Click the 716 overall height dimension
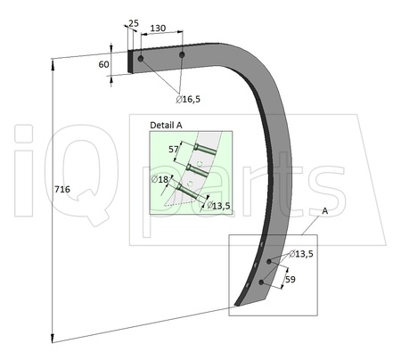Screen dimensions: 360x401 61,189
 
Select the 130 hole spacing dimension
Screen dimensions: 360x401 157,29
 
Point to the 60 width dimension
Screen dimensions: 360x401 103,64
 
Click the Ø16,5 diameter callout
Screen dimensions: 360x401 188,98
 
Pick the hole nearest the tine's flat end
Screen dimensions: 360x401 141,59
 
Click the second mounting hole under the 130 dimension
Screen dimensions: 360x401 182,55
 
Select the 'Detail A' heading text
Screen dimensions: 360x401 167,125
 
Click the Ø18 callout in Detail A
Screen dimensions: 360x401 160,179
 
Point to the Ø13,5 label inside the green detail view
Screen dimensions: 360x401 218,205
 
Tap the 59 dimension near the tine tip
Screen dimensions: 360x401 290,280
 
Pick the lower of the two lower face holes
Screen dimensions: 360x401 260,282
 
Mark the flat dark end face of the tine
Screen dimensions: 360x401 134,61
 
